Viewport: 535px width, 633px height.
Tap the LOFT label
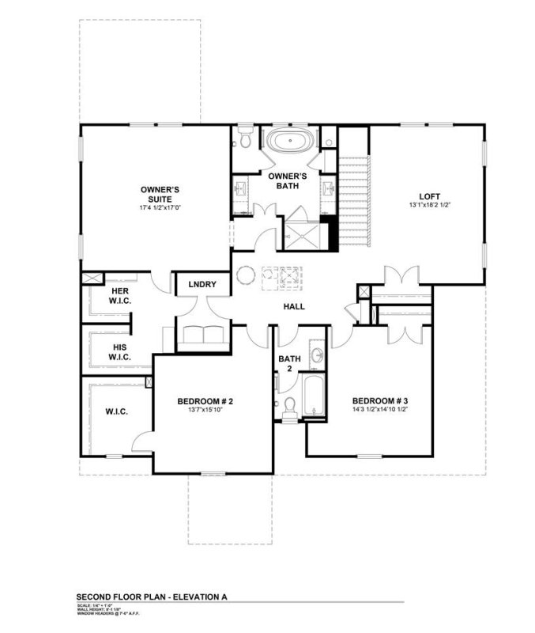(x=429, y=196)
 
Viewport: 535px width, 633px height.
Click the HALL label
(x=294, y=306)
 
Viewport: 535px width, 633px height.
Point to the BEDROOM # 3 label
(x=379, y=401)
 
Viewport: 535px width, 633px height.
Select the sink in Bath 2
(x=317, y=355)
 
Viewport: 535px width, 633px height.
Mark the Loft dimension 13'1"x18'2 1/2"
(x=429, y=206)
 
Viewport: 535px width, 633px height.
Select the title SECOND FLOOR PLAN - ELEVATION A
(x=156, y=597)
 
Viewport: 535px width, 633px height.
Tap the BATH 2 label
(x=288, y=364)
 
